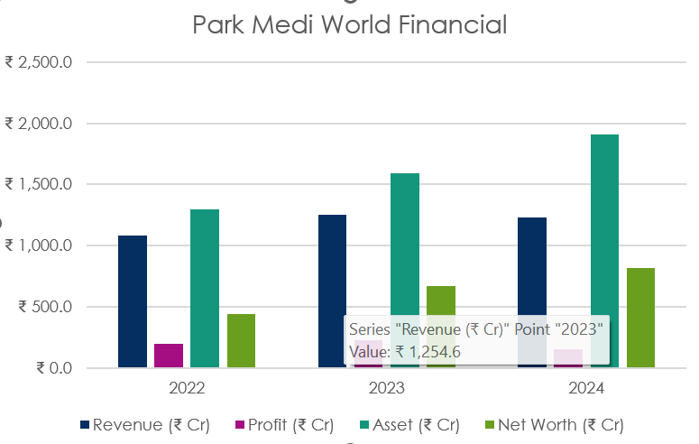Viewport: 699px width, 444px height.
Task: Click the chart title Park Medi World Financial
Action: pos(350,24)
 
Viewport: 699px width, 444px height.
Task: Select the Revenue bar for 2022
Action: pos(133,301)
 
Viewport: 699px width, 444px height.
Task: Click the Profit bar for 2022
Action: pos(169,356)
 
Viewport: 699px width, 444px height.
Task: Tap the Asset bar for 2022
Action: pos(205,289)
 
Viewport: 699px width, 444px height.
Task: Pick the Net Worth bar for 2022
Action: pos(241,341)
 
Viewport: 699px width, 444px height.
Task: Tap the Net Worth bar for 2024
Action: pos(640,318)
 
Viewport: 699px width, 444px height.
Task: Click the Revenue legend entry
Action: pos(144,425)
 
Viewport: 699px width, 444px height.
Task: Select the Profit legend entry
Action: pos(284,425)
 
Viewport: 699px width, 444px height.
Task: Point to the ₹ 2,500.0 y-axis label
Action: pos(44,62)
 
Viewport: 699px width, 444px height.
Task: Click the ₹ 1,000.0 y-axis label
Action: pos(44,245)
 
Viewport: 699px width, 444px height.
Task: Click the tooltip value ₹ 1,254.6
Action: pos(405,352)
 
